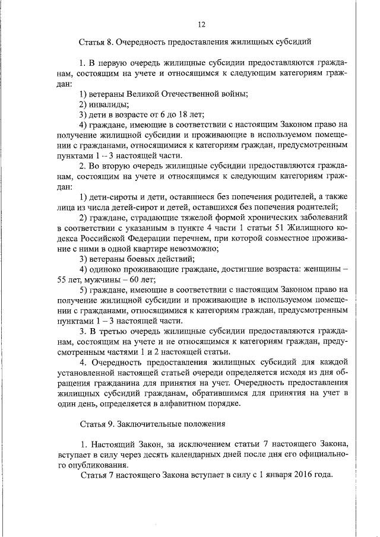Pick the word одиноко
tap(107, 269)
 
